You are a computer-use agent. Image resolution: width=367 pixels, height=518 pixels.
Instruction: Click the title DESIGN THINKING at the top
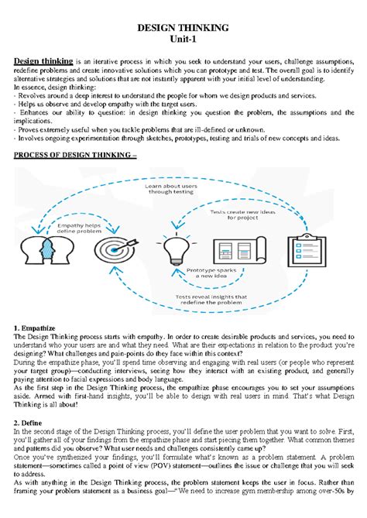click(x=183, y=28)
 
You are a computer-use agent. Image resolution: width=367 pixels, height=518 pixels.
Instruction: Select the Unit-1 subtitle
click(x=183, y=40)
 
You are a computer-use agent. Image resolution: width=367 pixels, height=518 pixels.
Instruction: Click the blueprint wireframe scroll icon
click(x=238, y=249)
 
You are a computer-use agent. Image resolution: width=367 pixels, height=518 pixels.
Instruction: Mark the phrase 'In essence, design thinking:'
click(x=57, y=87)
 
